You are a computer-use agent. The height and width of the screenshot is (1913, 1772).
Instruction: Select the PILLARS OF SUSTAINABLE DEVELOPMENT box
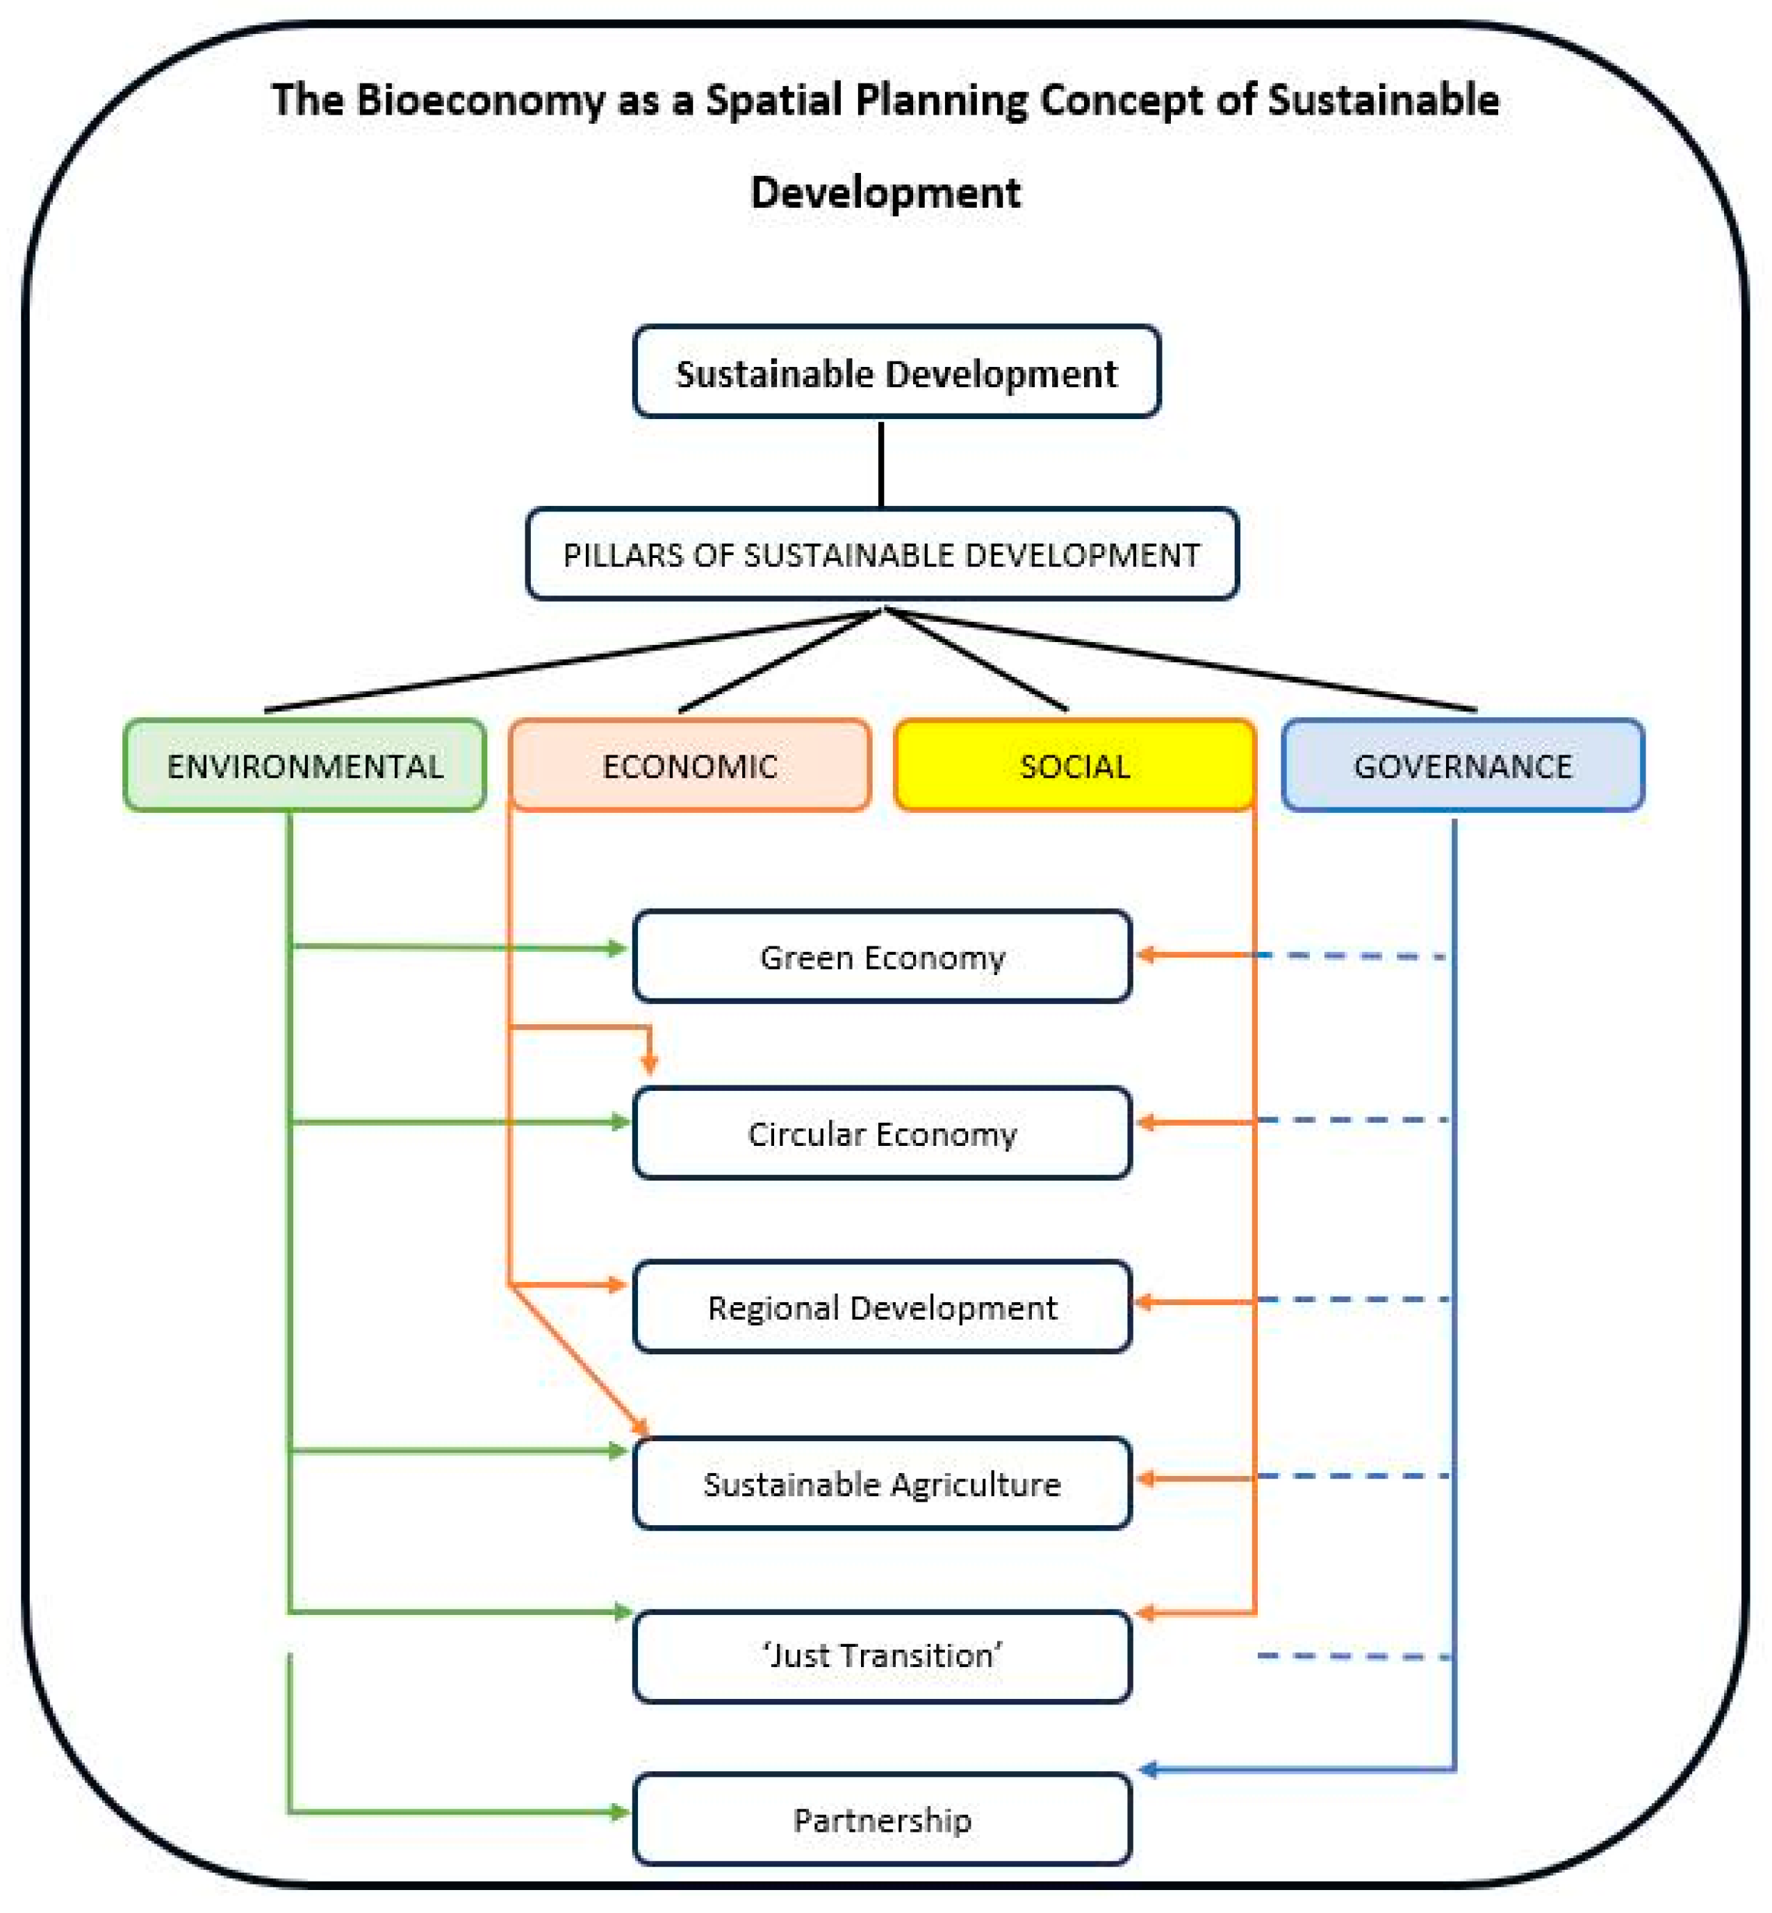pos(881,555)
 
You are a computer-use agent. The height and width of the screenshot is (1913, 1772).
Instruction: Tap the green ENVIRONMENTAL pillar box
pos(305,765)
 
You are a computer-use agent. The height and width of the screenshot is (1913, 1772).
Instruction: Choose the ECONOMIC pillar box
pos(689,765)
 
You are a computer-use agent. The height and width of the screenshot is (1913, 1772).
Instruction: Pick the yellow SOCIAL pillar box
pos(1074,765)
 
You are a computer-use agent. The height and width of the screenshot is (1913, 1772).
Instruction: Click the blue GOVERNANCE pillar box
pos(1462,765)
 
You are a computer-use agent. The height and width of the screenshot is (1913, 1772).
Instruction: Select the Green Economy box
pos(881,956)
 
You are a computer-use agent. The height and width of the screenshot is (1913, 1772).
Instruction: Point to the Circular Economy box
pos(881,1133)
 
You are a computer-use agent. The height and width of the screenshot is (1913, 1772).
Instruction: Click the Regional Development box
pos(881,1307)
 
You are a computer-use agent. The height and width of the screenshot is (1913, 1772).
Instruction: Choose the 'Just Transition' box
pos(881,1656)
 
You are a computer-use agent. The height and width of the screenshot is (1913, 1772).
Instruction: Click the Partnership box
pos(881,1819)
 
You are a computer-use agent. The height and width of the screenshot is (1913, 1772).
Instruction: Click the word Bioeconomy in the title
pos(479,100)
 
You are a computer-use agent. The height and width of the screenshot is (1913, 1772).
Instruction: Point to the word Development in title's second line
pos(885,192)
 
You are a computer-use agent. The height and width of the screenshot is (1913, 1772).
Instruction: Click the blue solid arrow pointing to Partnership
pos(1295,1769)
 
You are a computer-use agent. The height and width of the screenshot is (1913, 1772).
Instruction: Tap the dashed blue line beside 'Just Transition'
pos(1352,1656)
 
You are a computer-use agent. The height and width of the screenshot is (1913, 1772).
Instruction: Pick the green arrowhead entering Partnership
pos(619,1812)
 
